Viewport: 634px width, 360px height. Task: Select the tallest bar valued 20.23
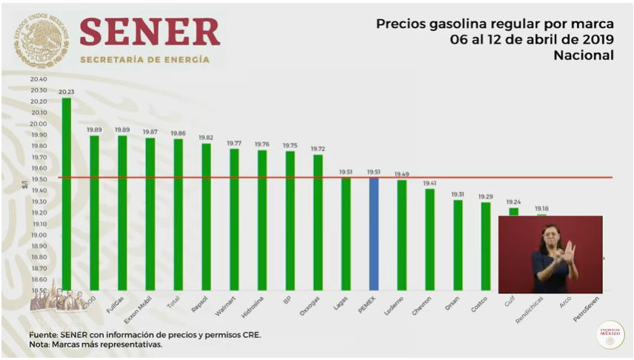tap(67, 193)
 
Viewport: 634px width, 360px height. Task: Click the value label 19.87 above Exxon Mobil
tap(150, 132)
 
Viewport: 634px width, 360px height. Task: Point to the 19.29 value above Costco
tap(485, 196)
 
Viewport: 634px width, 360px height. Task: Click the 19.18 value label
tap(542, 209)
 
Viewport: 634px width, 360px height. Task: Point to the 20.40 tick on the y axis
tap(39, 79)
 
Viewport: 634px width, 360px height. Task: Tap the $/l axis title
tap(25, 191)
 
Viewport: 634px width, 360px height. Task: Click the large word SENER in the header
tap(149, 32)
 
